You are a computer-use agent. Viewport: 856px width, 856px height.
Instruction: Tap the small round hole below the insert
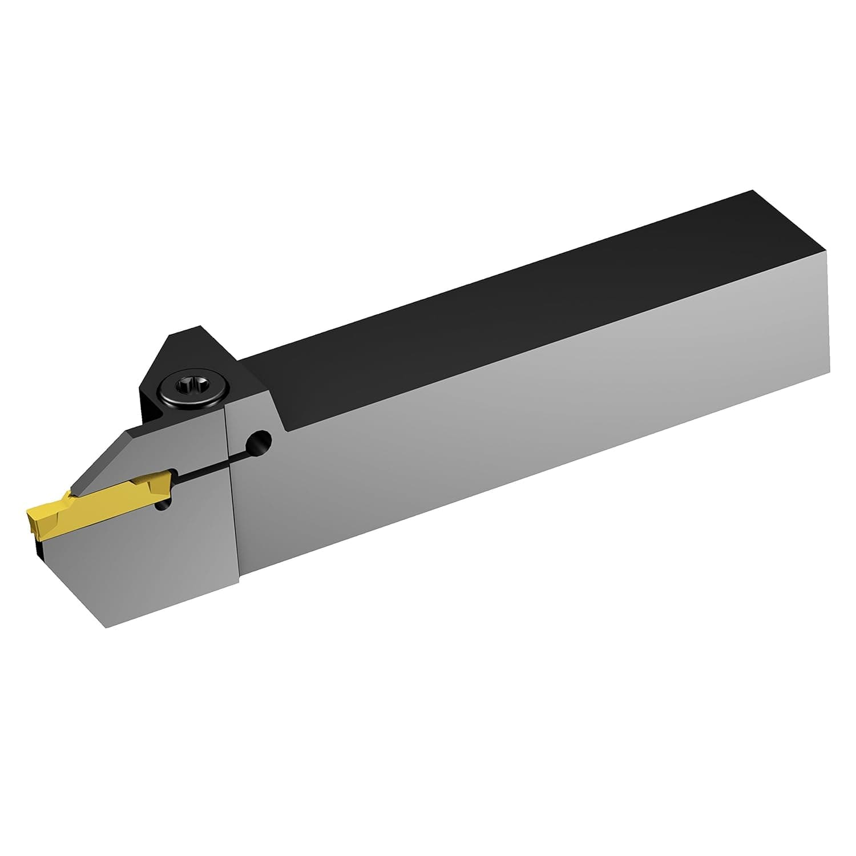165,506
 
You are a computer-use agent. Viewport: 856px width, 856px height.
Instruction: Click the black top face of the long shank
514,308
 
